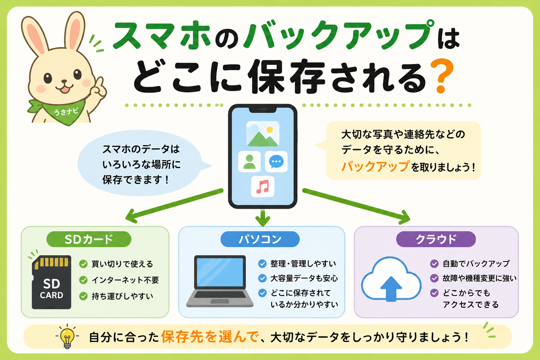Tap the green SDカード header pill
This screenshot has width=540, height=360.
tap(89, 239)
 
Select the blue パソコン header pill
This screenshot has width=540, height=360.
tap(260, 239)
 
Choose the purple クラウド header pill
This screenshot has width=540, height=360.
tap(436, 239)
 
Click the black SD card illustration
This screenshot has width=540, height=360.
tap(52, 282)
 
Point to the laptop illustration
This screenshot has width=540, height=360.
tap(220, 281)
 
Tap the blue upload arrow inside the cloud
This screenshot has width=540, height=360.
tap(391, 289)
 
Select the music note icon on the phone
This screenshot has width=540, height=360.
tap(263, 187)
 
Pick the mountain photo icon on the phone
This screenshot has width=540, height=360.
tap(263, 134)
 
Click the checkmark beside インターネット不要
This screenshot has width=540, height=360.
tap(83, 280)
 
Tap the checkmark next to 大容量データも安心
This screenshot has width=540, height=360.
tap(262, 278)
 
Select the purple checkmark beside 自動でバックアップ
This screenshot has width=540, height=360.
tap(434, 264)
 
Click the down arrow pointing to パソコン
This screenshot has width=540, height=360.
tap(263, 217)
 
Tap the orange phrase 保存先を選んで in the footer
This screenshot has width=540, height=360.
tap(210, 337)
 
